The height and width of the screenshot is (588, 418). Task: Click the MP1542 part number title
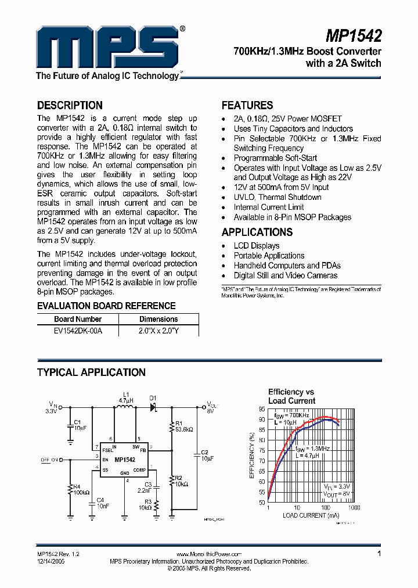pyautogui.click(x=353, y=37)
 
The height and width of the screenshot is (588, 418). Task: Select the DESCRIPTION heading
pyautogui.click(x=70, y=105)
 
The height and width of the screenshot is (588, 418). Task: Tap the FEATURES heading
pyautogui.click(x=247, y=105)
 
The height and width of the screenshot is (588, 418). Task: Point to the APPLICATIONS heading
pyautogui.click(x=257, y=232)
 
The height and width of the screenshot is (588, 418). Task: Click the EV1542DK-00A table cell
pyautogui.click(x=77, y=330)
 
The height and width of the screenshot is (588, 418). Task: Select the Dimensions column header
pyautogui.click(x=158, y=319)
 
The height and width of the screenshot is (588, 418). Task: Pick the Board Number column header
pyautogui.click(x=78, y=319)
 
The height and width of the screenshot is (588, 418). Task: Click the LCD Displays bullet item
pyautogui.click(x=257, y=246)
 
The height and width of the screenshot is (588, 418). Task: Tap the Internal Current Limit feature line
pyautogui.click(x=269, y=207)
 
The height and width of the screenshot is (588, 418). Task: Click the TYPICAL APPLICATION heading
pyautogui.click(x=91, y=372)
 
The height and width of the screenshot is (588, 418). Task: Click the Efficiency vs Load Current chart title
pyautogui.click(x=291, y=396)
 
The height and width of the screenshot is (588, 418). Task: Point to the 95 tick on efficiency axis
pyautogui.click(x=262, y=409)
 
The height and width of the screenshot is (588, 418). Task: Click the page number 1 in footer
pyautogui.click(x=379, y=554)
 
